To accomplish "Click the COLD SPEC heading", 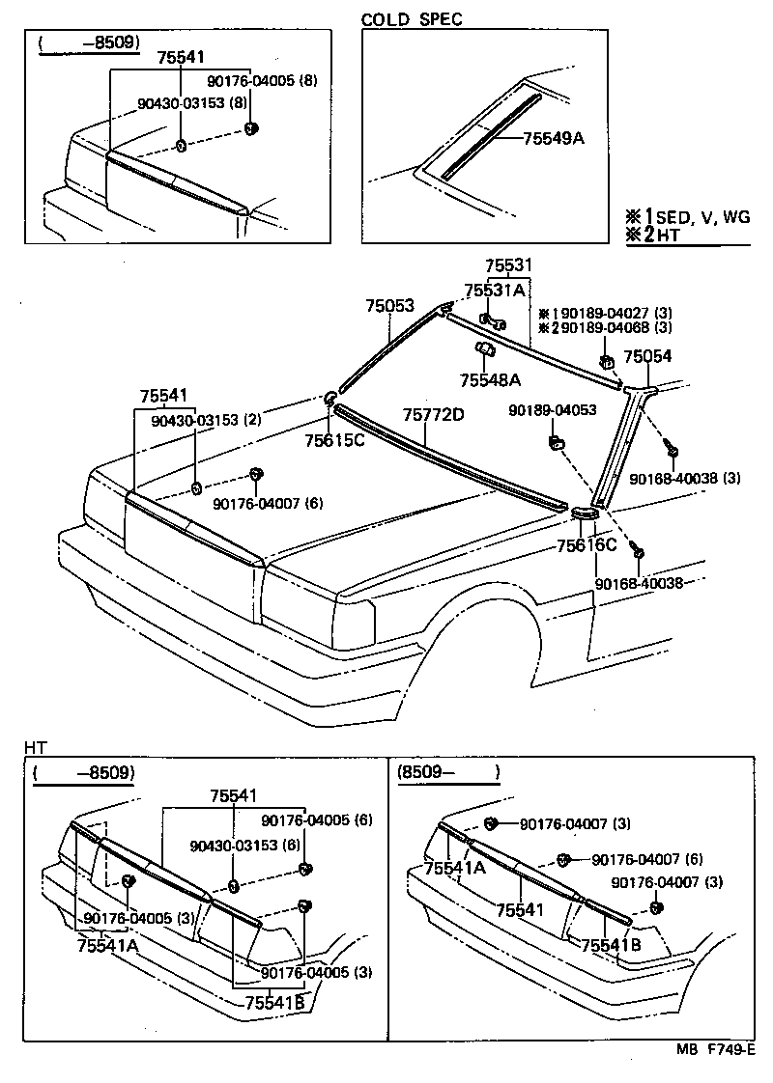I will [x=412, y=18].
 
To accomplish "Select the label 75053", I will [x=389, y=305].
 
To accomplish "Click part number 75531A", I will [x=495, y=290].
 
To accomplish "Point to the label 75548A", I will [x=490, y=380].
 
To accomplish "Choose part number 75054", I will [x=647, y=356].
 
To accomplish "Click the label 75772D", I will [x=434, y=415].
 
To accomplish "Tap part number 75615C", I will [x=334, y=441].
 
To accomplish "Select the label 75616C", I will [x=587, y=545].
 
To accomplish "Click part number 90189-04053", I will [x=553, y=410].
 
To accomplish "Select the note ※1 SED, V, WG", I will [x=688, y=218].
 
